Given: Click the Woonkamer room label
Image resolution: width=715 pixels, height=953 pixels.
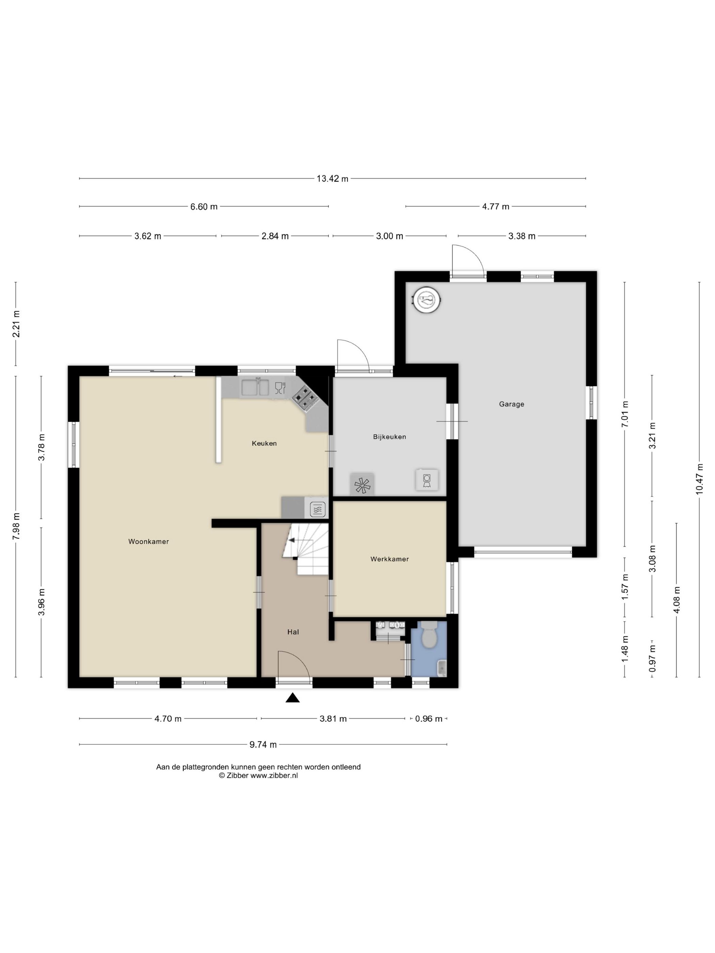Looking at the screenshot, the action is coord(148,542).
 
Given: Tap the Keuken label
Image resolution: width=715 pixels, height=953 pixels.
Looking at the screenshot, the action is coord(264,443).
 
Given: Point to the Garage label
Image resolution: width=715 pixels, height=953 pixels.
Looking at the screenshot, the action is coord(512,404).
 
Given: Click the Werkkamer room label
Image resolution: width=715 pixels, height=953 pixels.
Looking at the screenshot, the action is coord(390,559).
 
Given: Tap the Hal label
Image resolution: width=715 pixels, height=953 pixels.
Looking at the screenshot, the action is coord(293,632).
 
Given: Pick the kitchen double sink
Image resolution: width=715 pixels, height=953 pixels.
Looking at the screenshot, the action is coord(255,387).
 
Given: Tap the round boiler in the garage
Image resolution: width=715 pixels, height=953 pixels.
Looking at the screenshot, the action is coord(427,298).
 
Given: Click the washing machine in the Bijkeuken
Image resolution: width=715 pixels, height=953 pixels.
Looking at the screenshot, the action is coord(427,480).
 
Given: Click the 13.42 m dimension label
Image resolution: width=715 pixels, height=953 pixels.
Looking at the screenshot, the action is coord(332,178).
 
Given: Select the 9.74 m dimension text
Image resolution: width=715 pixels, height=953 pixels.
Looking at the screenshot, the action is coord(263,744).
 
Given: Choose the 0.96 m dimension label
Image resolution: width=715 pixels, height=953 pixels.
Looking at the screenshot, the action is coord(429,718).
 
